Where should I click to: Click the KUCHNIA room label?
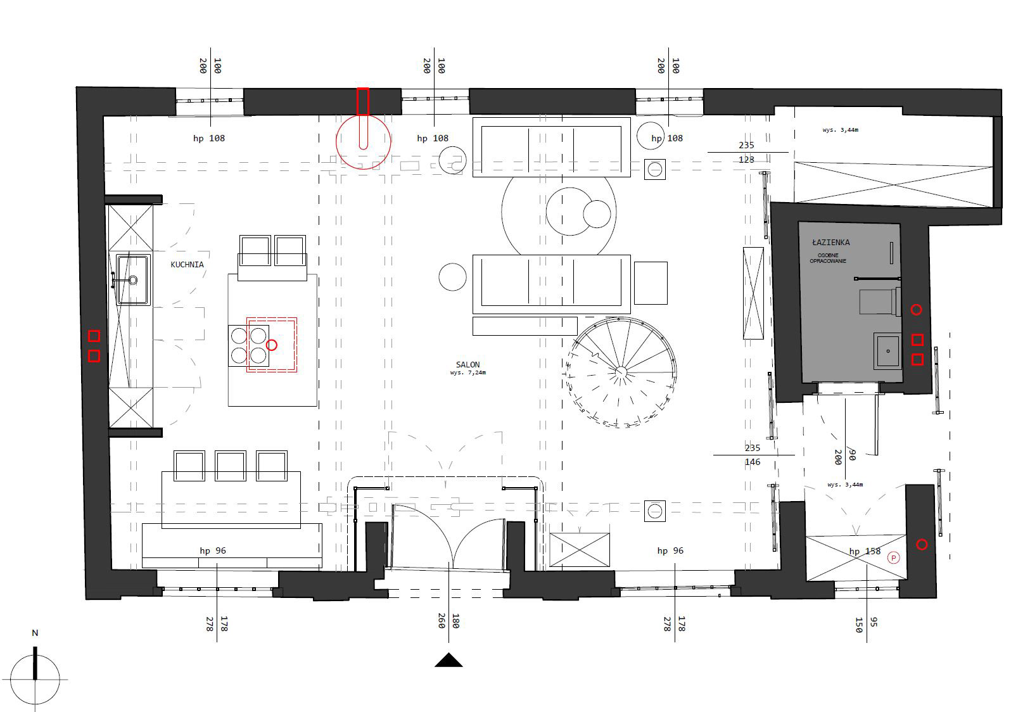(x=187, y=265)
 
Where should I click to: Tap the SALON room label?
(x=467, y=364)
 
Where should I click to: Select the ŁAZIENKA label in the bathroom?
(x=830, y=242)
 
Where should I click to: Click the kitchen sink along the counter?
(x=133, y=279)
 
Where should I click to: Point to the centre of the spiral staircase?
(x=621, y=372)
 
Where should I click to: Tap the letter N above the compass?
(x=35, y=633)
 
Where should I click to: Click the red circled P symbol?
(x=893, y=558)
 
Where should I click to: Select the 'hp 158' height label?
(x=865, y=551)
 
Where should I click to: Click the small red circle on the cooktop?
(x=272, y=345)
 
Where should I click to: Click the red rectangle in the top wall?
(x=363, y=101)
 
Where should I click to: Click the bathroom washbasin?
(x=887, y=351)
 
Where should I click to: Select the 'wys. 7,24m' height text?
(x=467, y=372)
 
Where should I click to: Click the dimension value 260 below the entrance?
(x=442, y=621)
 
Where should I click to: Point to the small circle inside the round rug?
(x=597, y=214)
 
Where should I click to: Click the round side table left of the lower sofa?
(x=452, y=277)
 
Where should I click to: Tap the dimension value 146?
(x=753, y=462)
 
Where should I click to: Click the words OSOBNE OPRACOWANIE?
(x=828, y=258)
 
